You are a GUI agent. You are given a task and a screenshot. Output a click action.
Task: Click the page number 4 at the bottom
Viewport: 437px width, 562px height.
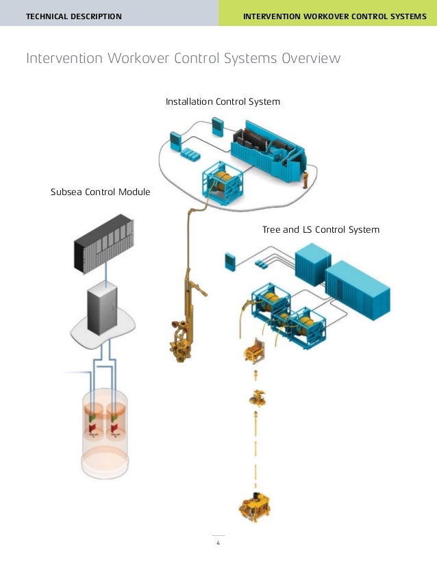218,544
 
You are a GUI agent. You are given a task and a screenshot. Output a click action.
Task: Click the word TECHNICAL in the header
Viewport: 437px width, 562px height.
49,15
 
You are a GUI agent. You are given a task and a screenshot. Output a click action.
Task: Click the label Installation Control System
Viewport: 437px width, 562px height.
223,102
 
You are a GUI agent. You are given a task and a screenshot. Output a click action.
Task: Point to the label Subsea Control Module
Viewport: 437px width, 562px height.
100,192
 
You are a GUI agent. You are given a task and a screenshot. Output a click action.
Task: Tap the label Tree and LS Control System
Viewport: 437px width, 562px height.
321,229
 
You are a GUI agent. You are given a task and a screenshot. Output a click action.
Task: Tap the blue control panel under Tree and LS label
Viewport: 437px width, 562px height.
229,261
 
